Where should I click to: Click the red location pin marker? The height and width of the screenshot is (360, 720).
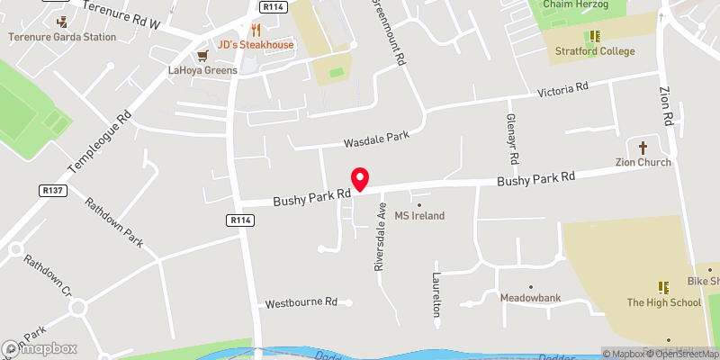pos(360,179)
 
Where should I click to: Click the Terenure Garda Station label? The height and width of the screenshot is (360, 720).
pos(62,37)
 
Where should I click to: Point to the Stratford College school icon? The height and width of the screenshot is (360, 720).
pos(594,37)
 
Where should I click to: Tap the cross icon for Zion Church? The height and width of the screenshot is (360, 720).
pos(643,147)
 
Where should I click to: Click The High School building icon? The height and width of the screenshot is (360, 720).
pos(663,287)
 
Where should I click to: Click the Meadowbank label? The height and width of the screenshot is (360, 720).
pos(530,297)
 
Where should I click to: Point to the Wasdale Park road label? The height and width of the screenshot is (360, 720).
pos(376,139)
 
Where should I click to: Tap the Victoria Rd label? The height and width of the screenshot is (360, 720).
pos(562,90)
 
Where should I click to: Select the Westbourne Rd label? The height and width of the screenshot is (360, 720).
pos(300,304)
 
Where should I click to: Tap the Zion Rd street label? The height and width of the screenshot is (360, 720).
pos(667,106)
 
